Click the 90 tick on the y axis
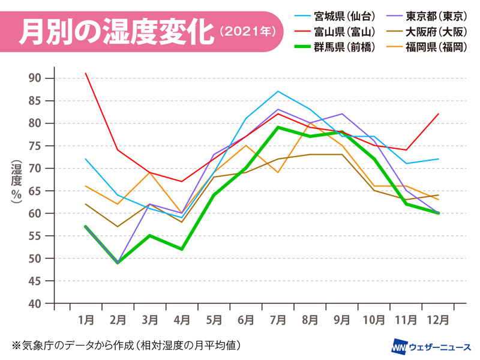(34, 78)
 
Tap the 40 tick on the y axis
(34, 304)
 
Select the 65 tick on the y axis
(34, 191)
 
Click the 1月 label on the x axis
(86, 318)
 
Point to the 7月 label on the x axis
(277, 318)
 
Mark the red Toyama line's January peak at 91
(86, 73)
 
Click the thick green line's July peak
(277, 127)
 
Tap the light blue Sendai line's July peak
(277, 91)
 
